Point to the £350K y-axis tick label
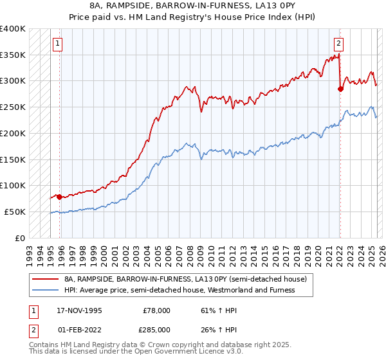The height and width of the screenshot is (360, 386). (x=12, y=55)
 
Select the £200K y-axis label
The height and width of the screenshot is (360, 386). (x=12, y=133)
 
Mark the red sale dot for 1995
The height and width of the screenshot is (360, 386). (x=59, y=197)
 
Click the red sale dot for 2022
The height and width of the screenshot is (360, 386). (x=340, y=89)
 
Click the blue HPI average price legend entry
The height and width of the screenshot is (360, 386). (x=179, y=291)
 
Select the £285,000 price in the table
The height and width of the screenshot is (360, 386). (x=156, y=329)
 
